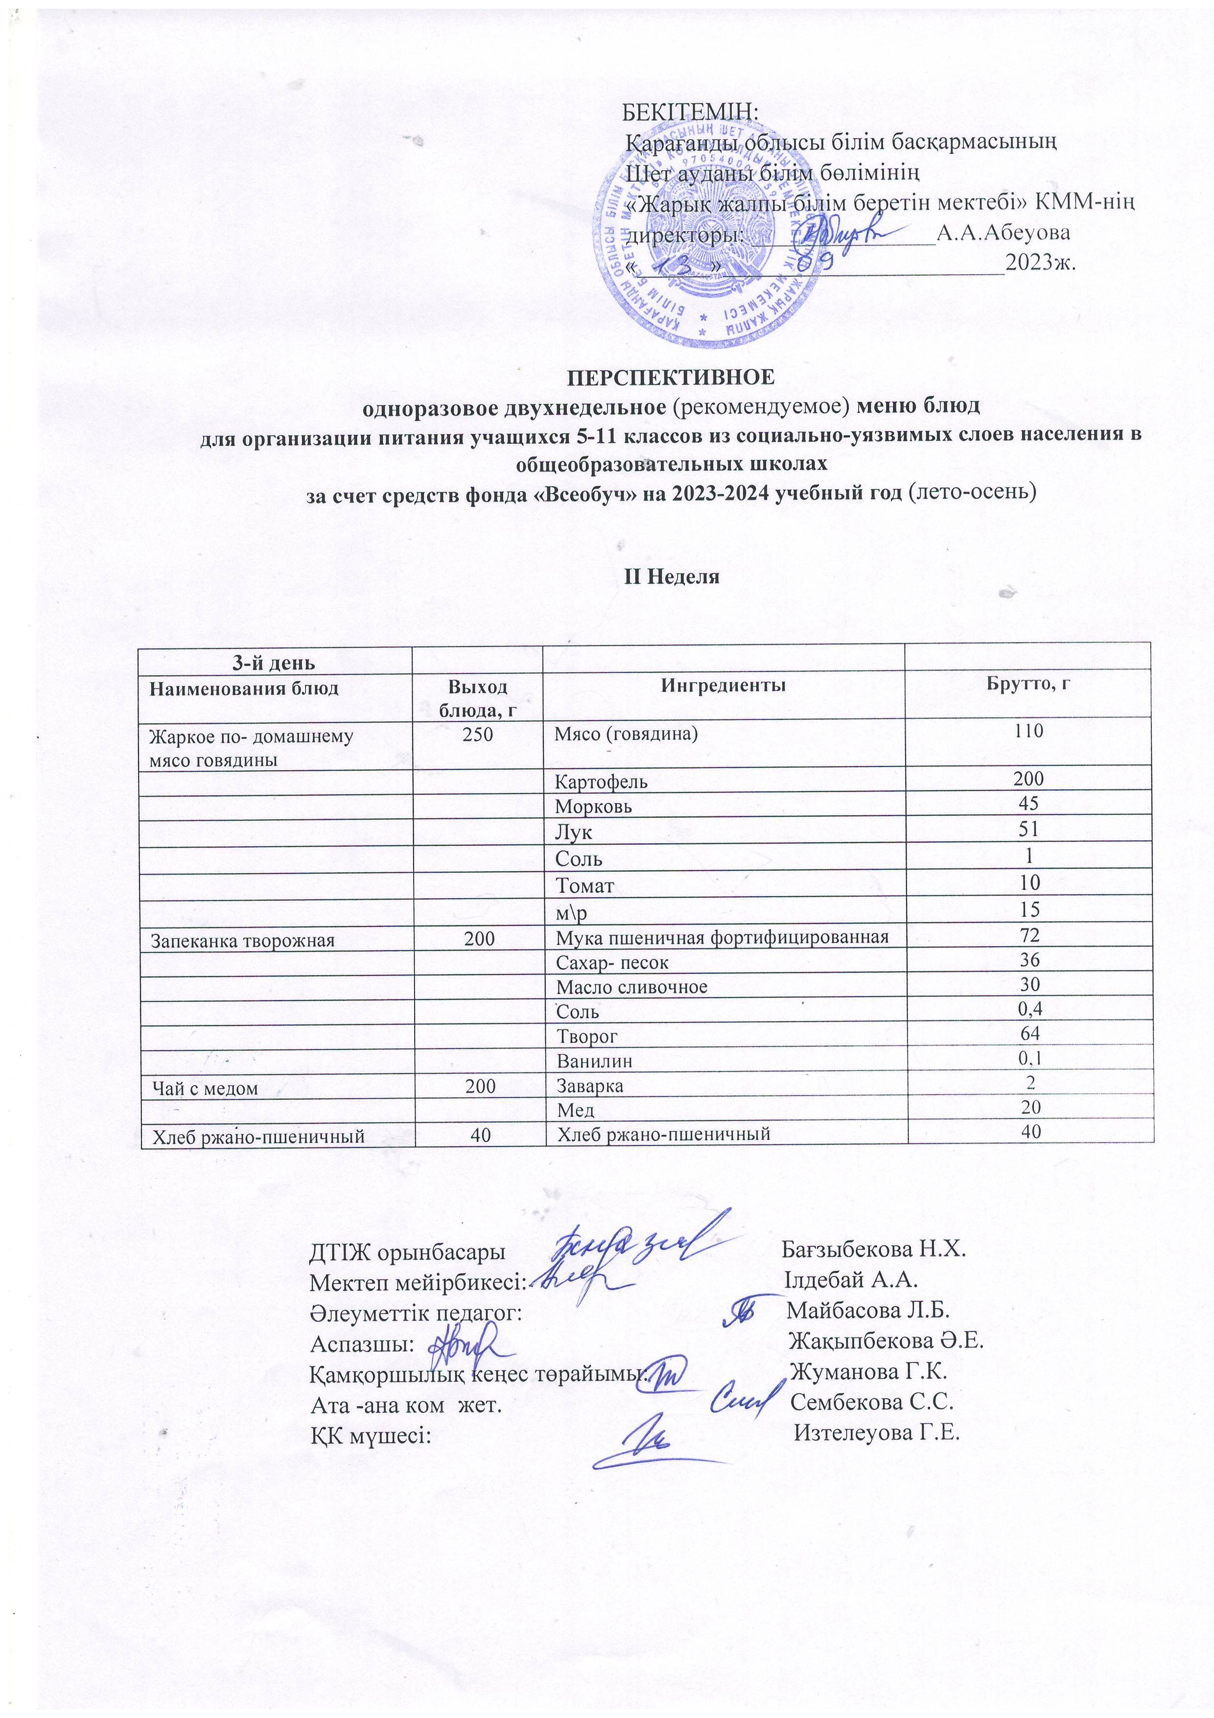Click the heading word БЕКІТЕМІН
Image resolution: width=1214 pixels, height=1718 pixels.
tap(690, 112)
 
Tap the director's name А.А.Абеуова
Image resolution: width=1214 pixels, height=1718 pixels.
tap(1003, 233)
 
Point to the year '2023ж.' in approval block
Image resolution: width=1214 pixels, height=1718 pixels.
tap(1040, 263)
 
